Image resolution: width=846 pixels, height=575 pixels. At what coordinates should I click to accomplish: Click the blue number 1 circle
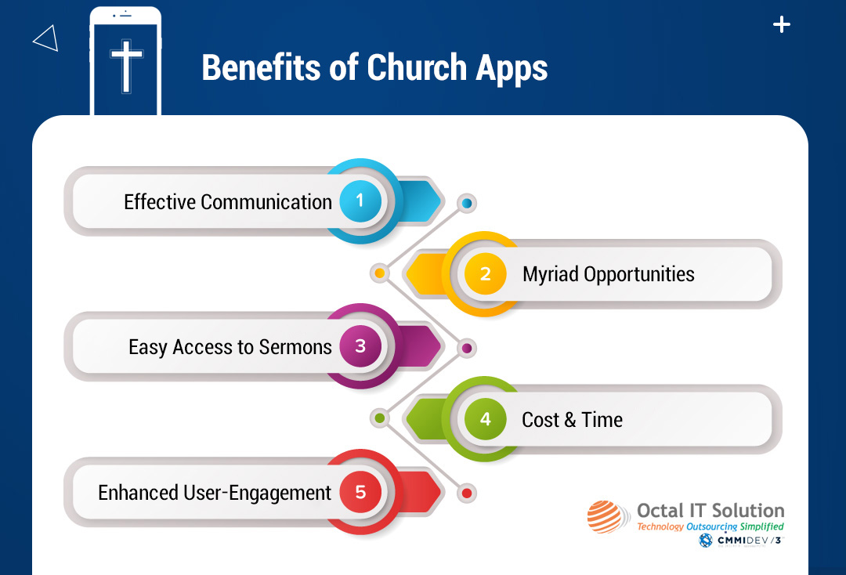pos(360,201)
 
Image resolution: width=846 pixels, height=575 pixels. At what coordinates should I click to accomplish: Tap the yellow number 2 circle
pos(485,273)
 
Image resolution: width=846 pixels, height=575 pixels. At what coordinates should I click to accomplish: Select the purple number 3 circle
pos(360,346)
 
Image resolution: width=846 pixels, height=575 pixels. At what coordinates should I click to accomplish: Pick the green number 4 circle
pos(485,418)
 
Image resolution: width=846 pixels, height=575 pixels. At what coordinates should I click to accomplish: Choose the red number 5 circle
pos(360,491)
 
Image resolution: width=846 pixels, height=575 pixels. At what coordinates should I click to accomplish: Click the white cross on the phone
pos(126,66)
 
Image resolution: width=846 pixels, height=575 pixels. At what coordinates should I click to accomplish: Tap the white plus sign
pos(781,24)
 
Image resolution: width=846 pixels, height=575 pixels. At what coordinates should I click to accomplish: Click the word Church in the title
pos(417,67)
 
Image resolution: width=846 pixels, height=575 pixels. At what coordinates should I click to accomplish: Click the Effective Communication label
pos(228,202)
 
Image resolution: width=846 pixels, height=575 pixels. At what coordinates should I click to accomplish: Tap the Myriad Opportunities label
pos(608,274)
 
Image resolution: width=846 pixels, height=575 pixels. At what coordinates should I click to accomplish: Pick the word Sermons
pos(295,347)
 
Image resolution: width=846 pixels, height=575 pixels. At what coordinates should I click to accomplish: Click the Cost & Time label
pos(572,420)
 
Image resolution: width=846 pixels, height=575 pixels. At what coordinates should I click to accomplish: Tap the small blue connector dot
pos(467,204)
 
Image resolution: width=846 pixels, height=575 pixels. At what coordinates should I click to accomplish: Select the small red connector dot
pos(467,493)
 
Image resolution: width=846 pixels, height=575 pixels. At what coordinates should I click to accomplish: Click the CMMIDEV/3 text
pos(749,541)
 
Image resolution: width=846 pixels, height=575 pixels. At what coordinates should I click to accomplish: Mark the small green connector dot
pos(380,418)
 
